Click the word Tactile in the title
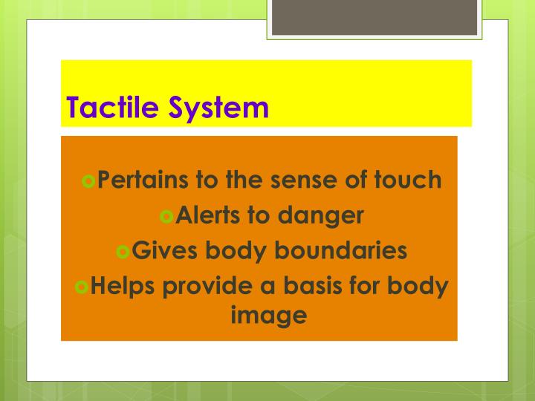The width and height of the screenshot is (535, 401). pyautogui.click(x=112, y=108)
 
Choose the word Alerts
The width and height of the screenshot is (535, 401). pyautogui.click(x=210, y=216)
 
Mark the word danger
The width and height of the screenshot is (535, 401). pyautogui.click(x=321, y=216)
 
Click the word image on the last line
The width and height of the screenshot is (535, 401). pyautogui.click(x=269, y=315)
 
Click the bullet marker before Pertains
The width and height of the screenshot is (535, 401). pyautogui.click(x=90, y=180)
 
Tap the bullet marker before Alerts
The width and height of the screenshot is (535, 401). pyautogui.click(x=166, y=216)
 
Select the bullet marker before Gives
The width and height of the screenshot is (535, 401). pyautogui.click(x=123, y=251)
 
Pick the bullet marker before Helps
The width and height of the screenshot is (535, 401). pyautogui.click(x=82, y=286)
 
